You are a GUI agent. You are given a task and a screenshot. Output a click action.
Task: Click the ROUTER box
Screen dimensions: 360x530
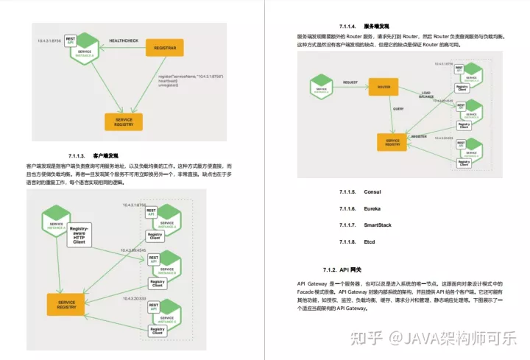383,87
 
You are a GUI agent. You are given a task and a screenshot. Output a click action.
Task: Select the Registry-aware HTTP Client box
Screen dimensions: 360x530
82,235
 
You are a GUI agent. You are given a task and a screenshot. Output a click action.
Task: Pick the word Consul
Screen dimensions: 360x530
372,191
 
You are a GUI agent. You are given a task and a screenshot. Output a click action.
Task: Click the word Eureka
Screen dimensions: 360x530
372,209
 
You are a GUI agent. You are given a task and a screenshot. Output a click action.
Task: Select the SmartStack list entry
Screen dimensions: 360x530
377,225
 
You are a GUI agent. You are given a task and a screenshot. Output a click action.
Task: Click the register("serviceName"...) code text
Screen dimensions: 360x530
191,77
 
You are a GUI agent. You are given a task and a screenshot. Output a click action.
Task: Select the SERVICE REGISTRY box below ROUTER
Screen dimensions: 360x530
392,141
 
